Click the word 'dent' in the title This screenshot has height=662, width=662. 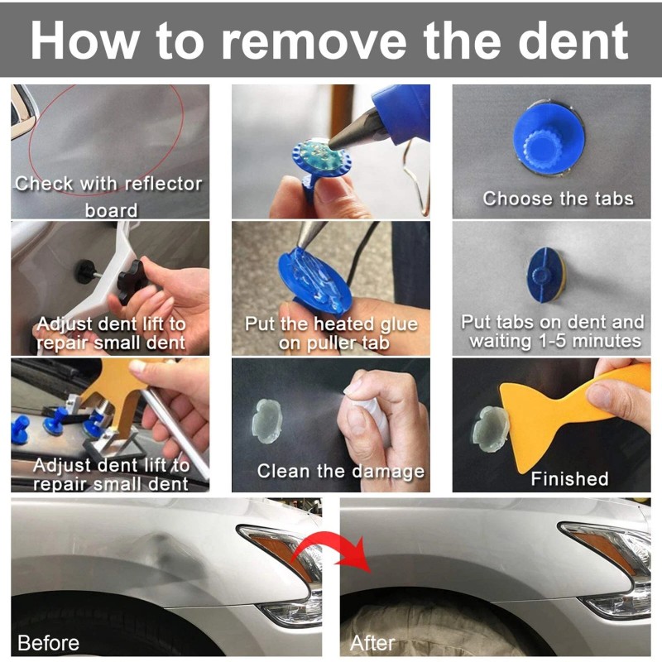click(x=573, y=41)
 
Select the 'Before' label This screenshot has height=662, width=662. click(x=49, y=643)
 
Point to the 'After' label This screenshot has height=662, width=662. click(x=372, y=643)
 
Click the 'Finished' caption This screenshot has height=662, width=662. click(x=569, y=479)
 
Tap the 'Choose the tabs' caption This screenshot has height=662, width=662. click(x=558, y=199)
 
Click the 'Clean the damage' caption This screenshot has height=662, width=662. click(x=341, y=472)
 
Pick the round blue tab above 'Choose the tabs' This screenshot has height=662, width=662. click(x=549, y=139)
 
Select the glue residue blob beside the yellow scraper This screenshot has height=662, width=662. click(x=490, y=429)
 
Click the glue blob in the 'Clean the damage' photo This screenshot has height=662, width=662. click(x=266, y=421)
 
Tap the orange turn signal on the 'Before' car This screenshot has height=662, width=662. click(x=276, y=549)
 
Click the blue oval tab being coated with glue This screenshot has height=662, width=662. click(x=314, y=280)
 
